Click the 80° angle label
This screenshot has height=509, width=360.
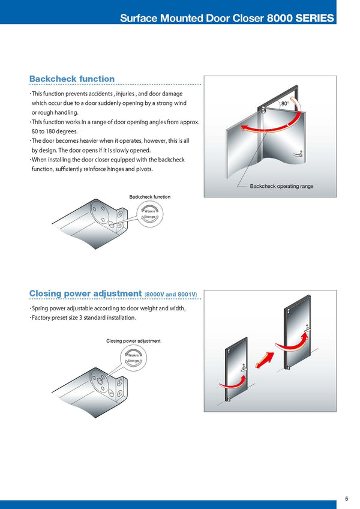click(x=285, y=104)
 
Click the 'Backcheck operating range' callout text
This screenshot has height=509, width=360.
click(x=281, y=186)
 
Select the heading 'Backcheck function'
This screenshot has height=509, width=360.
click(x=72, y=79)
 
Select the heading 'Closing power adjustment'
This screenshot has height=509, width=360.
click(x=85, y=294)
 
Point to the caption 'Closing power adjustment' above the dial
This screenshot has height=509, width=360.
click(x=133, y=341)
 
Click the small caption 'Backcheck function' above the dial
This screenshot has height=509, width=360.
click(x=149, y=197)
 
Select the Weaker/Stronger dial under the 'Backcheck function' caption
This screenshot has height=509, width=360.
click(x=149, y=214)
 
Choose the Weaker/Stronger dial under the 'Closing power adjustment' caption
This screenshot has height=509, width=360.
click(x=133, y=358)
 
